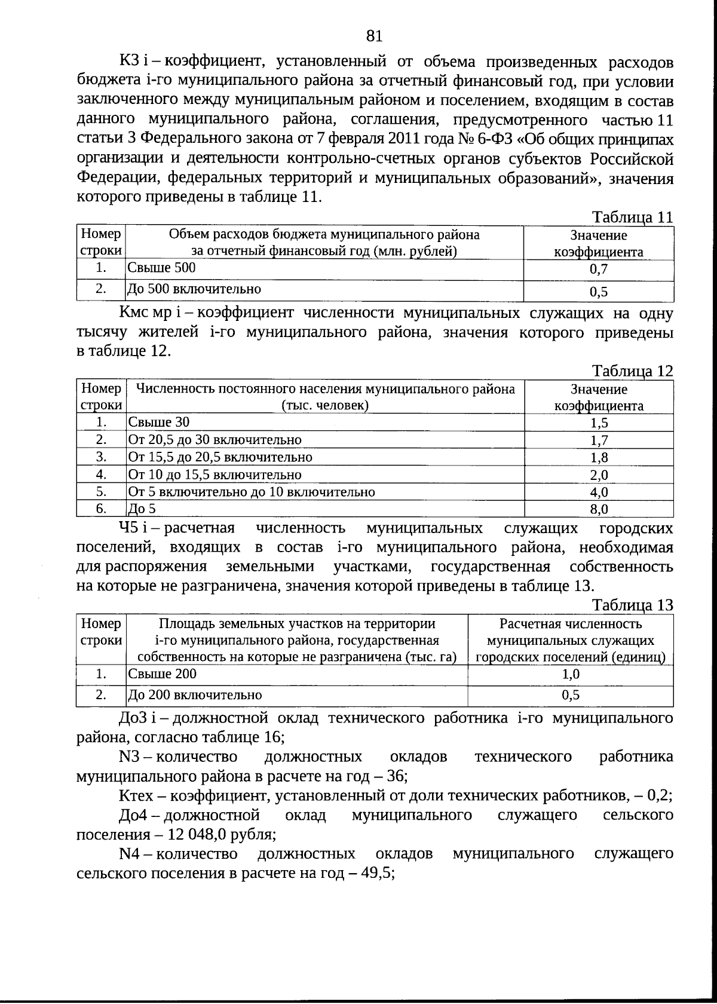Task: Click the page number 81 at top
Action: tap(373, 37)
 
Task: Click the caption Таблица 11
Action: tap(632, 218)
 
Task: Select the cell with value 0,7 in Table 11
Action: tap(598, 270)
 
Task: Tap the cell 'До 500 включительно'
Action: tap(195, 289)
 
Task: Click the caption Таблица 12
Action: tap(632, 371)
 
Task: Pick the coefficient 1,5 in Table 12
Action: tap(598, 423)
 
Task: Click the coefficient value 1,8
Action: tap(598, 458)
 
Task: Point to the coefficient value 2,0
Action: tap(598, 475)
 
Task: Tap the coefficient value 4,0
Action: tap(598, 492)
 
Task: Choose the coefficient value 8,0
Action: tap(598, 509)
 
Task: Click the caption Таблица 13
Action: tap(632, 605)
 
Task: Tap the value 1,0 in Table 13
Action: tap(571, 675)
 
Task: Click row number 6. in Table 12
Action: tap(101, 509)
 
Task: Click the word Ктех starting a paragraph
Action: tap(136, 796)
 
